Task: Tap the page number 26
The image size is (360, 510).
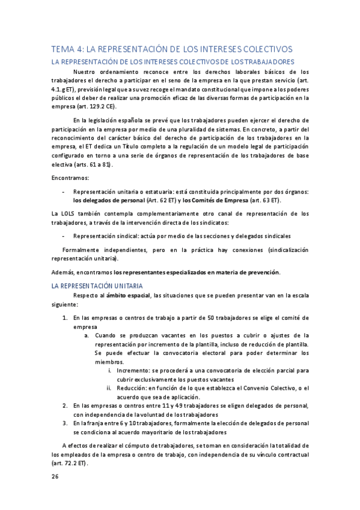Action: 55,477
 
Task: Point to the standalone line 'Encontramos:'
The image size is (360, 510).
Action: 70,178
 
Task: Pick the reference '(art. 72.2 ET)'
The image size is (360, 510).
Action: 69,464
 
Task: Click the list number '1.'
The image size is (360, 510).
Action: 66,318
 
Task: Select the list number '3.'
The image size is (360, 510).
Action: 66,423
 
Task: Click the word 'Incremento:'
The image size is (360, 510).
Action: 133,371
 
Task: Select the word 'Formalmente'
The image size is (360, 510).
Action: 84,249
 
